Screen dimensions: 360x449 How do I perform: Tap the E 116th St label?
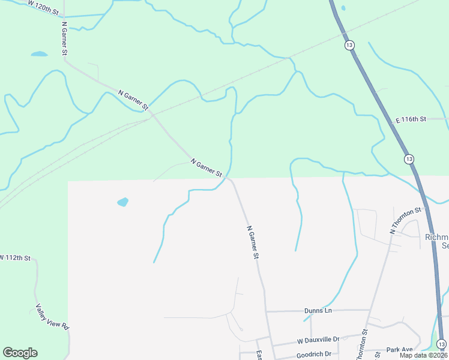[410, 119]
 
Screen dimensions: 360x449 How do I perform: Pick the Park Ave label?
[399, 349]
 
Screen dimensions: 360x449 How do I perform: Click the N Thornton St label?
[406, 220]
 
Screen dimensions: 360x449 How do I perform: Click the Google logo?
[20, 353]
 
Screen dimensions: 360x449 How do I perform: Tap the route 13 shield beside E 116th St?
[409, 159]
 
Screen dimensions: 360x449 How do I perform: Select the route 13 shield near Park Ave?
[442, 344]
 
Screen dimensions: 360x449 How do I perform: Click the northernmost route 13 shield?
[349, 45]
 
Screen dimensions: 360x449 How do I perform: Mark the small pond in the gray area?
[122, 202]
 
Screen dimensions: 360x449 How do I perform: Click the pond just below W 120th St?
[39, 54]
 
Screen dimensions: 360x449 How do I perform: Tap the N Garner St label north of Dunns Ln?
[253, 242]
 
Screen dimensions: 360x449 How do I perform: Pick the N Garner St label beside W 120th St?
[64, 40]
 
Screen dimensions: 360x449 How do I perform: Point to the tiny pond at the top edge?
[343, 8]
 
